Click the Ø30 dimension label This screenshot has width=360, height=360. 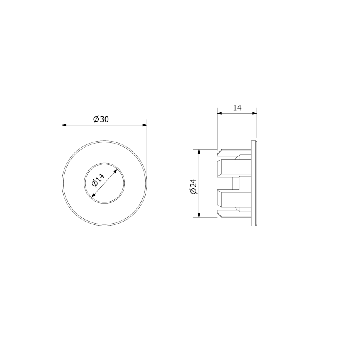point(101,119)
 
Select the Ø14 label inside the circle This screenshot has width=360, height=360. point(98,180)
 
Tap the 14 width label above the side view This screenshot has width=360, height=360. point(237,108)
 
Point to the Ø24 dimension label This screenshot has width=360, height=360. point(194,186)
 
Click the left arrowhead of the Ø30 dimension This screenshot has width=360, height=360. point(64,125)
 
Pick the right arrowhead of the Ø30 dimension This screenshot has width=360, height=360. point(145,125)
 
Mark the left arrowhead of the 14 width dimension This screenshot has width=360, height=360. point(220,113)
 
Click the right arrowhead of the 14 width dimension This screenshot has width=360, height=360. point(255,113)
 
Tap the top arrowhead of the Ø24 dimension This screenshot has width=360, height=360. point(199,151)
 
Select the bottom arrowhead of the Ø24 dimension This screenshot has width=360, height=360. point(199,215)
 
